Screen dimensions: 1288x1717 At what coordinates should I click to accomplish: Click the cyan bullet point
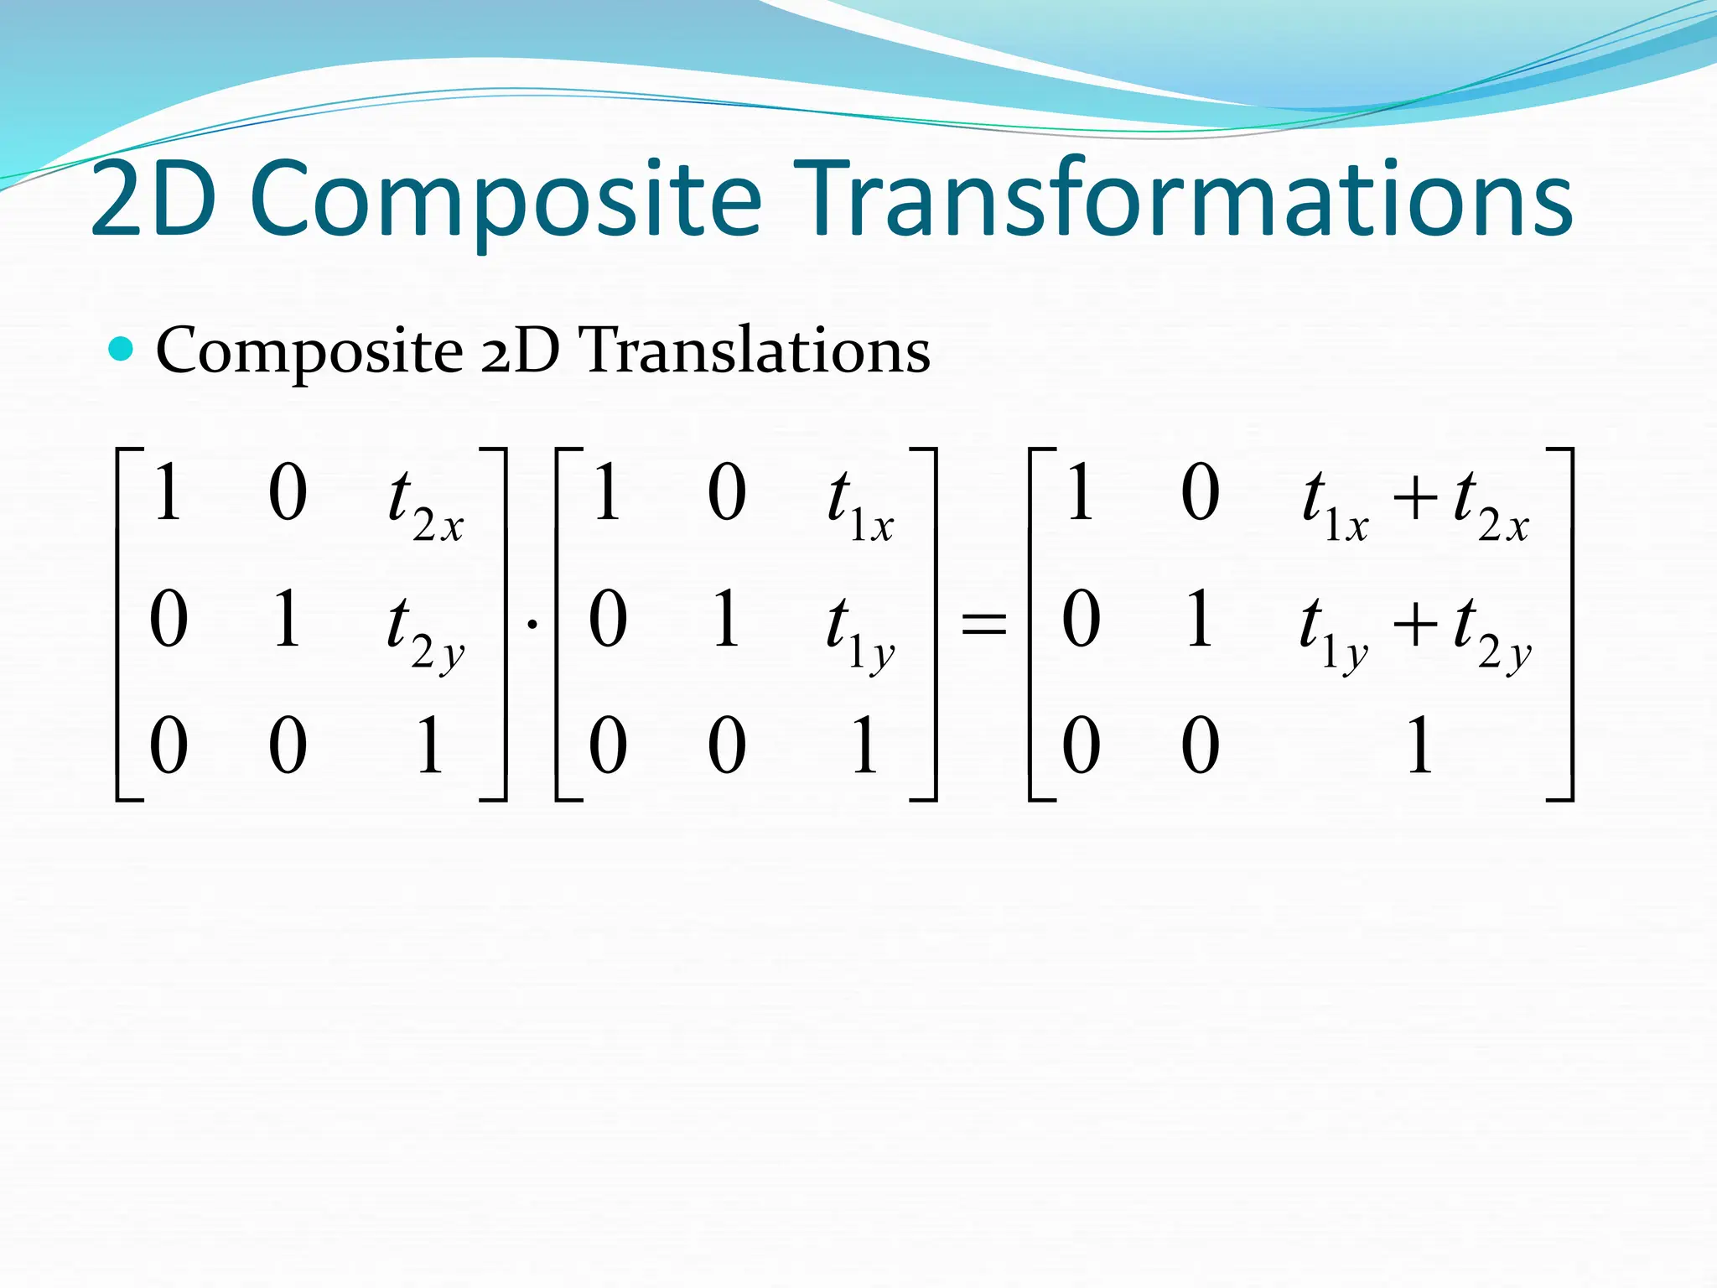click(122, 349)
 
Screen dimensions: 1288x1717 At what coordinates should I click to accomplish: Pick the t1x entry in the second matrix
click(860, 503)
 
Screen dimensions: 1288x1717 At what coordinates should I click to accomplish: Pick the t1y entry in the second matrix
click(860, 631)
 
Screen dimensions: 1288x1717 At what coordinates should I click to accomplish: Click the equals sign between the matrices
click(983, 624)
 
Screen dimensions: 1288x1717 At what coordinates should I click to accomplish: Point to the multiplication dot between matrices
click(532, 624)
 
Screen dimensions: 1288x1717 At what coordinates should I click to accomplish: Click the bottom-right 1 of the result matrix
click(1419, 745)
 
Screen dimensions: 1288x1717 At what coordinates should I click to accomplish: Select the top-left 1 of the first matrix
click(168, 493)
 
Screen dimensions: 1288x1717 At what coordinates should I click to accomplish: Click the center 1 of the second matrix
click(726, 619)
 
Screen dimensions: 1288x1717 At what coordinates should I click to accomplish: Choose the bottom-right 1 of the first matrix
click(429, 745)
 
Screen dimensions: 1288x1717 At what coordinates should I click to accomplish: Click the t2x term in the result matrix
click(1492, 503)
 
